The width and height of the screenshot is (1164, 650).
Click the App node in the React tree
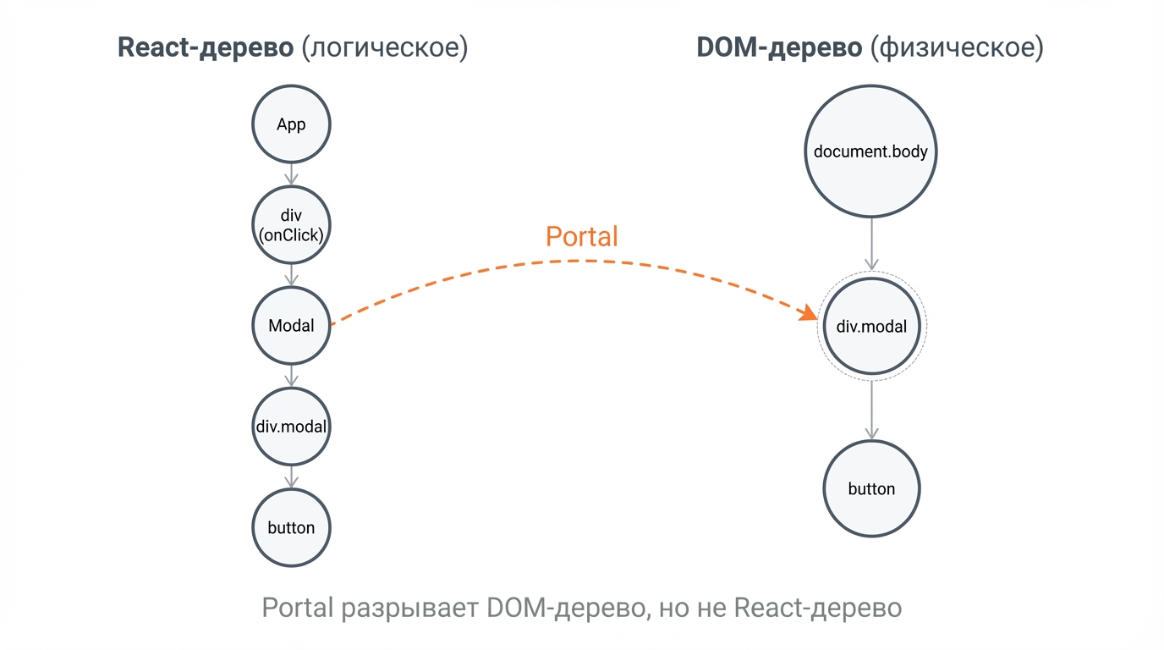pos(291,124)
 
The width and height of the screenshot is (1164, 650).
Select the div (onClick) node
pos(291,225)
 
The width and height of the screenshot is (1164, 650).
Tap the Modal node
pos(291,326)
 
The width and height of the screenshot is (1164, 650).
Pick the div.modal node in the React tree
pos(291,427)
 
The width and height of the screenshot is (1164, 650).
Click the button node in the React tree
pos(291,527)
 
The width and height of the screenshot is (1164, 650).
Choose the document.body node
pos(870,152)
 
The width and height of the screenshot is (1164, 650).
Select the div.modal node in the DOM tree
pos(871,327)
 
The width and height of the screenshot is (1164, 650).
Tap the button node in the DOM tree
pos(871,489)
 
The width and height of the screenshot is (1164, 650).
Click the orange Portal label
pos(581,236)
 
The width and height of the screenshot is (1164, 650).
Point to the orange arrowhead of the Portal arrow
pos(809,313)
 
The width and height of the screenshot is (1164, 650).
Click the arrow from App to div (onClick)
pos(291,174)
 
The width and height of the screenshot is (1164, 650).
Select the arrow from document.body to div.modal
pos(871,244)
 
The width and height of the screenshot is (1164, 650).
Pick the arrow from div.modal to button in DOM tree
pos(871,410)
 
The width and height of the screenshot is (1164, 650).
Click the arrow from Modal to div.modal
pos(291,376)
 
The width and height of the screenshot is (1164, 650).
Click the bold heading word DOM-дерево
pos(778,47)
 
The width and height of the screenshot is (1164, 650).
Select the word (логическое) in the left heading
pos(385,47)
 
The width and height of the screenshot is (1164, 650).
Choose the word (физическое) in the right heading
pos(957,47)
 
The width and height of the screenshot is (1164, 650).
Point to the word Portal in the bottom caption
pos(297,608)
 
